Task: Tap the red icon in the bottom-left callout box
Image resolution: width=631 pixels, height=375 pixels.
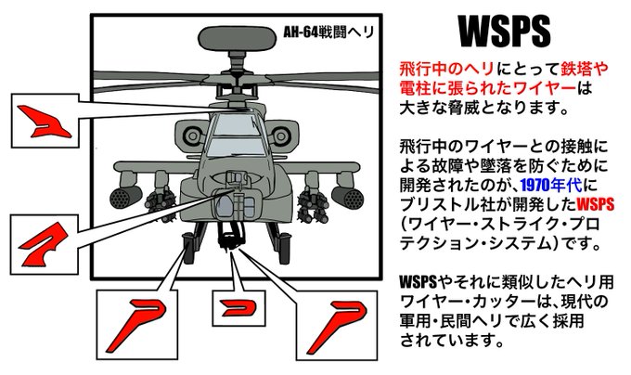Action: [x=134, y=320]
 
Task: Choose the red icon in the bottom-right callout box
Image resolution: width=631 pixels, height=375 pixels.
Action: [x=331, y=320]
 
